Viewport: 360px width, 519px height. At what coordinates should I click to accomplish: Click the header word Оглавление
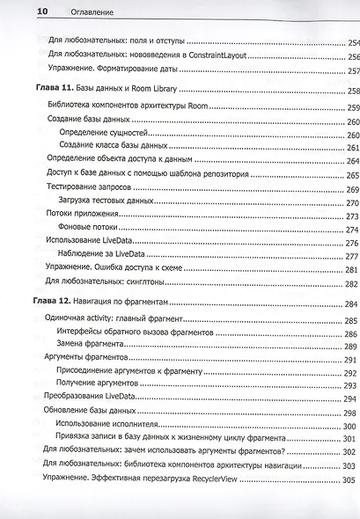pos(67,11)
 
